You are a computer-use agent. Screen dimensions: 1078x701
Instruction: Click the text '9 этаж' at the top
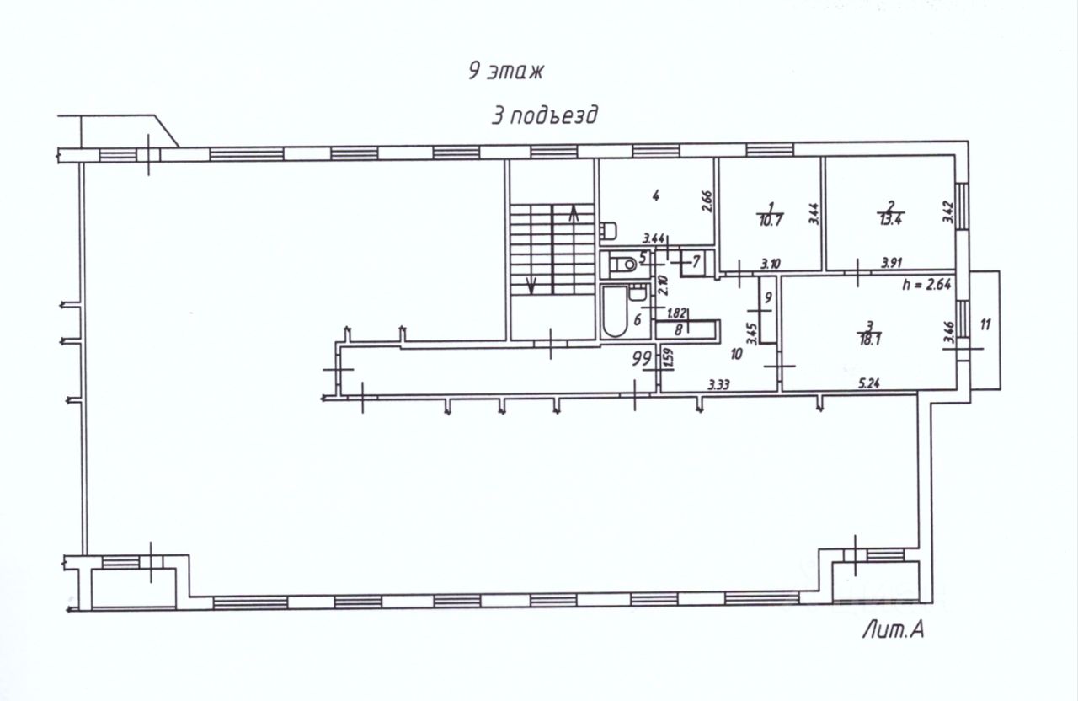click(508, 71)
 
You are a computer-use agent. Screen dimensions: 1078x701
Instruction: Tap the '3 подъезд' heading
click(545, 115)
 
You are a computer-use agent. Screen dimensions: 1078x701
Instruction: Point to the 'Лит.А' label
click(893, 629)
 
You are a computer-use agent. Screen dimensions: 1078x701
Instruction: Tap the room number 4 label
click(655, 195)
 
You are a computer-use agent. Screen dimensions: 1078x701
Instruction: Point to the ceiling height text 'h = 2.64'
click(926, 284)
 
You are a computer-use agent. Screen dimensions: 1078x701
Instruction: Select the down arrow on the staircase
click(531, 285)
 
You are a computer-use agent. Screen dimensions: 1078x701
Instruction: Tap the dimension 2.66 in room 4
click(707, 203)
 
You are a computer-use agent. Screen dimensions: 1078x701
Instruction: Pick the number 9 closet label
click(767, 298)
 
